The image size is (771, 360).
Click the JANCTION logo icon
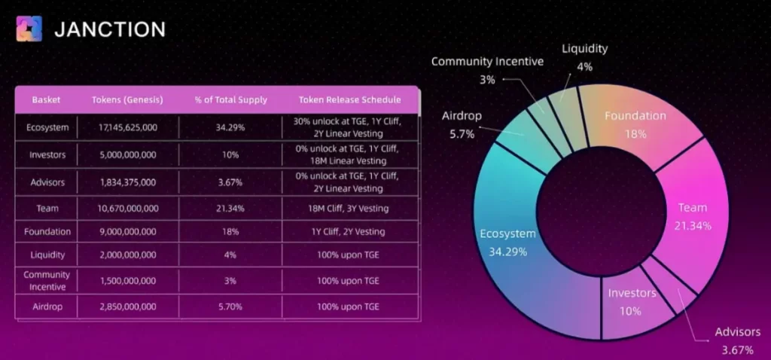30,30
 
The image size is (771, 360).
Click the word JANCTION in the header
110,30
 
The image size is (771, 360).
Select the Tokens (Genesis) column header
124,99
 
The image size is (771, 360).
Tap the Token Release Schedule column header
349,99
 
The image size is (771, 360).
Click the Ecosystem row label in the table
47,127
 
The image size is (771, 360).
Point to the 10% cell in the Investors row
231,155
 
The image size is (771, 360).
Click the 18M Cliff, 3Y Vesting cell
349,208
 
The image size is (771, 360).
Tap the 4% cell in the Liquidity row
231,255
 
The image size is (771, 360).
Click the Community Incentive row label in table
47,280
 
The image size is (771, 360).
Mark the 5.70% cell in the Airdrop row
231,307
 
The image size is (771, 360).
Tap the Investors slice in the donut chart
631,301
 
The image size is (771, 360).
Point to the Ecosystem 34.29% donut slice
512,241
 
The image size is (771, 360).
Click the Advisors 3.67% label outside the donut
737,340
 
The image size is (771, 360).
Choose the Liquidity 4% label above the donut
584,57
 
